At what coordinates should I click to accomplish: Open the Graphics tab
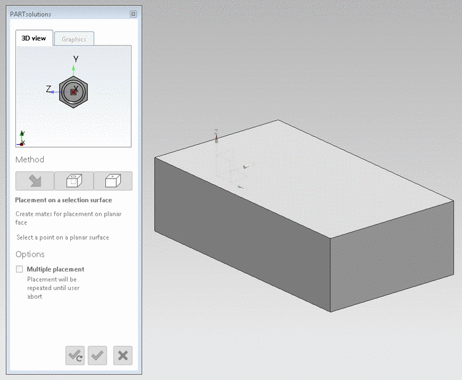(x=74, y=39)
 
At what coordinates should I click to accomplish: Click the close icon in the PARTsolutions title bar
(x=133, y=14)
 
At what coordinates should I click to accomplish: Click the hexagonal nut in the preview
(x=74, y=92)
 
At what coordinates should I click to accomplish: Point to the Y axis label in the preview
(x=75, y=59)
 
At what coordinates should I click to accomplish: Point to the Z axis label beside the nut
(x=49, y=89)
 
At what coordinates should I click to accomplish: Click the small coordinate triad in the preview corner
(x=22, y=139)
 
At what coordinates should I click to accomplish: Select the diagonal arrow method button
(x=34, y=180)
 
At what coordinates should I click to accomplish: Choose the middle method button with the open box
(x=74, y=180)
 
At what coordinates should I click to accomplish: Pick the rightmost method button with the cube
(x=113, y=180)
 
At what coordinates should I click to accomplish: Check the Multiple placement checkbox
(x=20, y=269)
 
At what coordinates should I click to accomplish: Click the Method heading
(x=30, y=160)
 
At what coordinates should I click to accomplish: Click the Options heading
(x=30, y=254)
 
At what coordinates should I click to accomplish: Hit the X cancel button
(x=123, y=355)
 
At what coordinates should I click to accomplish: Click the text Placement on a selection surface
(x=63, y=200)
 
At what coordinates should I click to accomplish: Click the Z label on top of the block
(x=216, y=132)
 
